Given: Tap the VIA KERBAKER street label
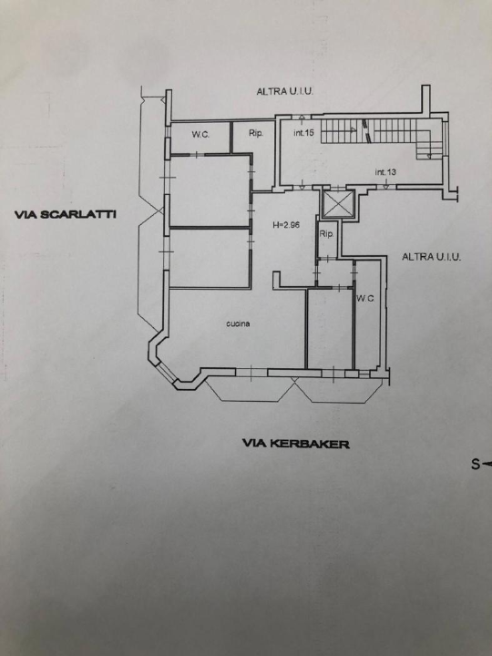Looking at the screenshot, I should pyautogui.click(x=296, y=445).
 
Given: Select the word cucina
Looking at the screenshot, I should pyautogui.click(x=239, y=323).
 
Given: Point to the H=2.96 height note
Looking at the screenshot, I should pyautogui.click(x=287, y=225).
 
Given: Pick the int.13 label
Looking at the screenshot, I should pyautogui.click(x=384, y=172).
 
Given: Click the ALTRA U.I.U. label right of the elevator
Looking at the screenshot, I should pyautogui.click(x=431, y=258).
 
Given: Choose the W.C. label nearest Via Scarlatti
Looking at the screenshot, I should pyautogui.click(x=200, y=136).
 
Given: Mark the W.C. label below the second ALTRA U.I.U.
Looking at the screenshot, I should pyautogui.click(x=365, y=298).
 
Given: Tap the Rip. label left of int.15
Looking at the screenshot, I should pyautogui.click(x=256, y=134).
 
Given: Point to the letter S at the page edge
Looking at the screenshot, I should pyautogui.click(x=475, y=464).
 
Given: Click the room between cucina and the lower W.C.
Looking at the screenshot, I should pyautogui.click(x=329, y=328).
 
